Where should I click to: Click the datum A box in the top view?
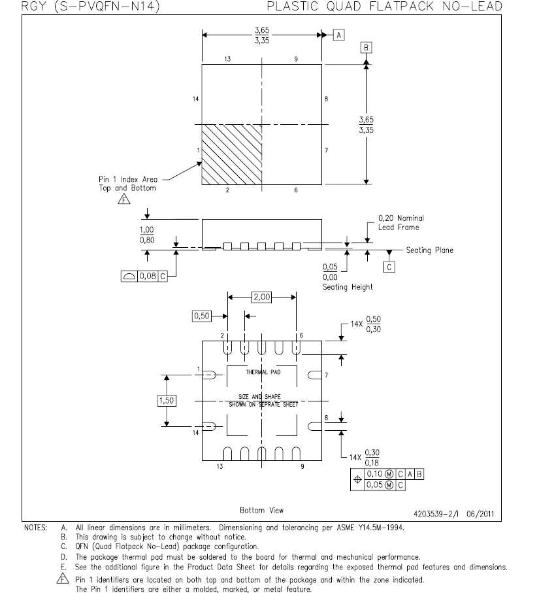coord(338,35)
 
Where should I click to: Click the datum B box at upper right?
coord(366,48)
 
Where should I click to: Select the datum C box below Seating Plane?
coord(389,267)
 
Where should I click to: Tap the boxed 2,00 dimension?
coord(261,297)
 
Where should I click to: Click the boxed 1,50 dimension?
coord(167,401)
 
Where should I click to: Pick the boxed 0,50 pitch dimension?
coord(202,316)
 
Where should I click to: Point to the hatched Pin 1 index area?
coord(232,154)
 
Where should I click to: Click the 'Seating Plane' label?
coord(429,250)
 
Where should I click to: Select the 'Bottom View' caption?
coord(261,510)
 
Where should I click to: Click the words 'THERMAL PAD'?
coord(263,372)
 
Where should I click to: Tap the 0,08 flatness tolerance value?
coord(148,276)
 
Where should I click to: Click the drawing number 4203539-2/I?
coord(436,514)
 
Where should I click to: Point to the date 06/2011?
coord(480,514)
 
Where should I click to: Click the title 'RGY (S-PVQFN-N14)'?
coord(90,7)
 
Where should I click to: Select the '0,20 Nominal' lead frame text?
coord(401,218)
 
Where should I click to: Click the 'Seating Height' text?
coord(348,287)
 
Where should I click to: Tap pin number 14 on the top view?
coord(195,99)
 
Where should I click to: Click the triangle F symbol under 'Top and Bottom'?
coord(124,199)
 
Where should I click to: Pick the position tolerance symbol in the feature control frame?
coord(357,479)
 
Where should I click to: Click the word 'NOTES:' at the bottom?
coord(35,528)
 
